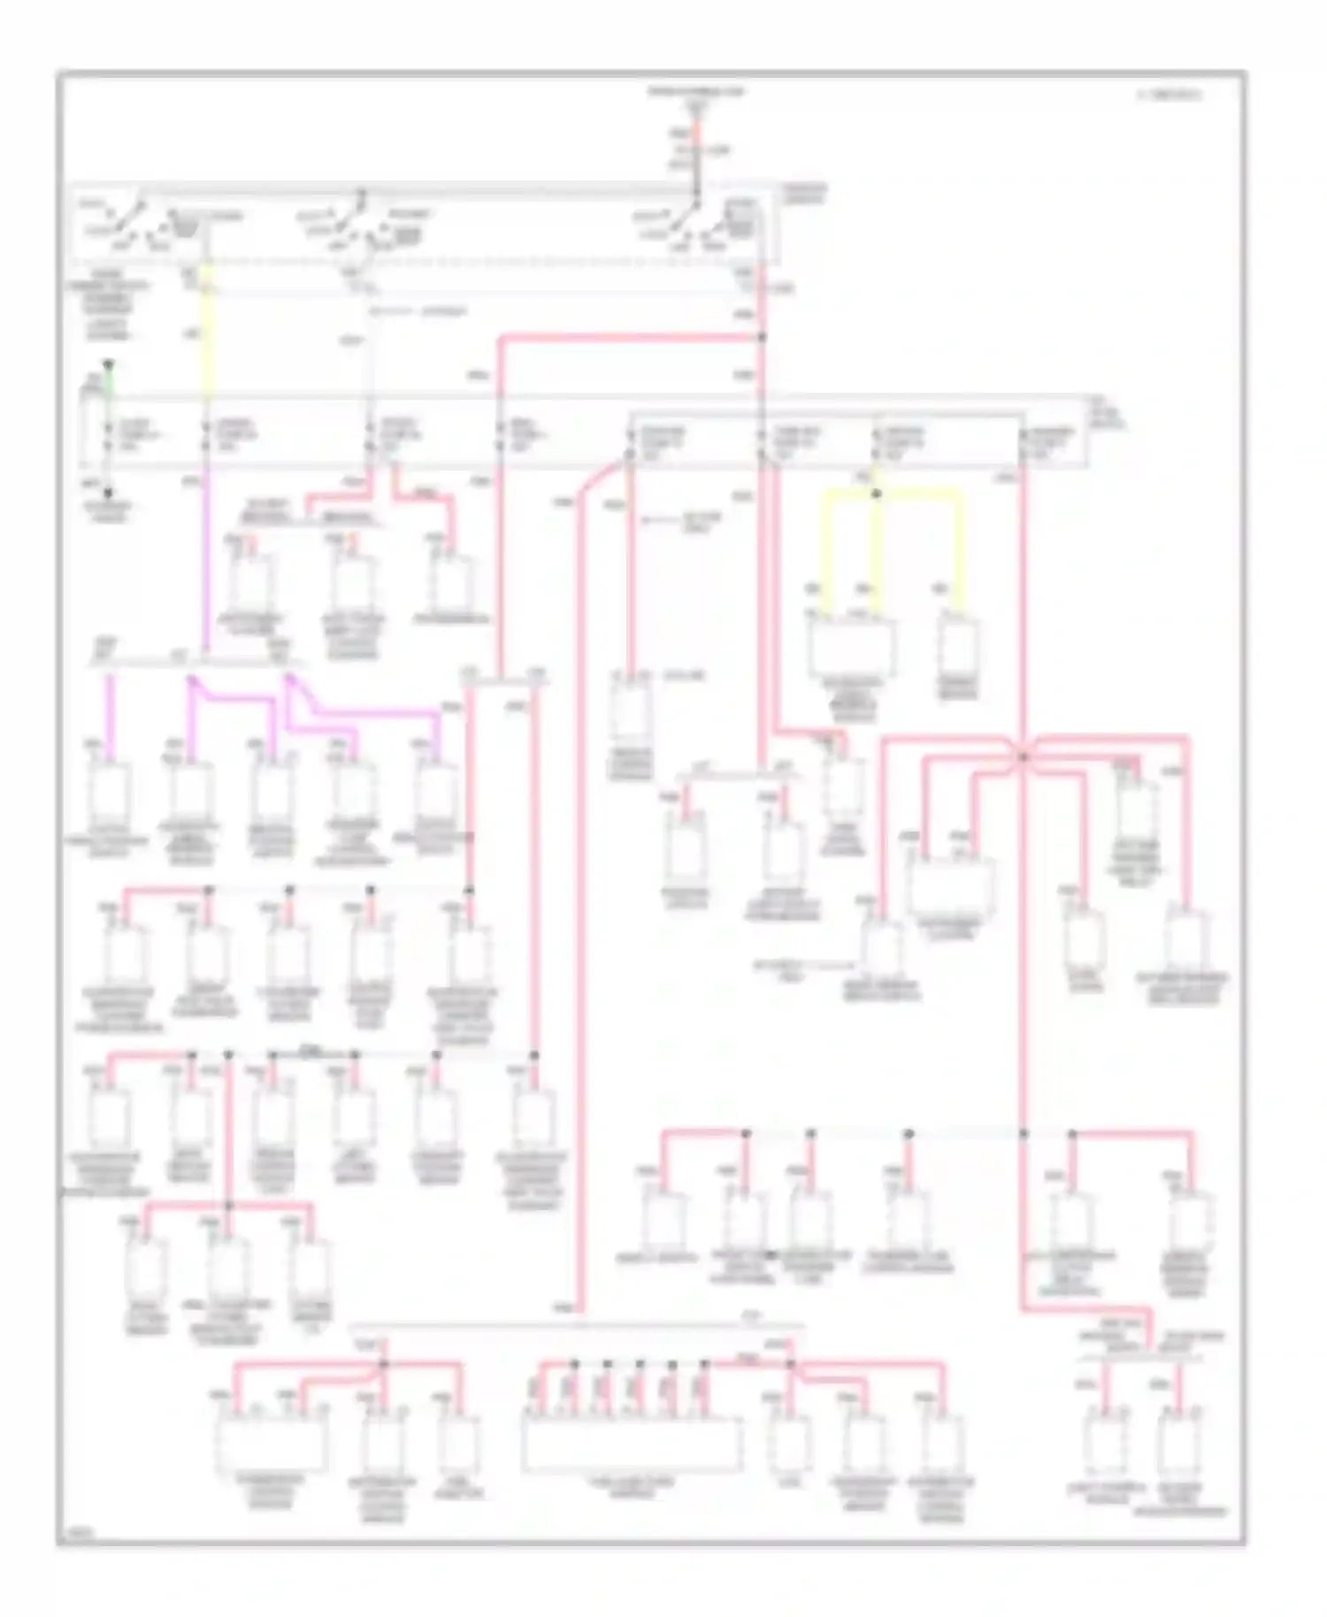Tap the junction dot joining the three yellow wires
point(876,494)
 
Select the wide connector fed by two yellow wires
point(851,648)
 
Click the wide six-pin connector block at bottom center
point(632,1443)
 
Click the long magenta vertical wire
point(205,566)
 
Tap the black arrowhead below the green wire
point(108,494)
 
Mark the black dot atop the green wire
point(108,363)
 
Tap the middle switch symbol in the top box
point(354,221)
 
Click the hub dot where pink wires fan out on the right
point(1023,757)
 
